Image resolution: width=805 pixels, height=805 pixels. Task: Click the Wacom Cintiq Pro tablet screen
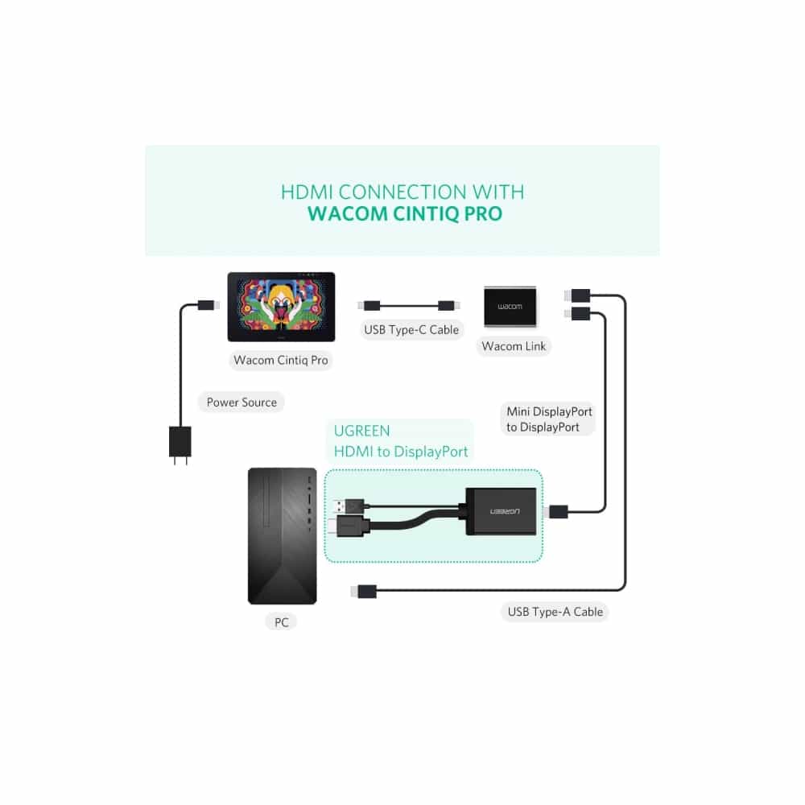pos(281,307)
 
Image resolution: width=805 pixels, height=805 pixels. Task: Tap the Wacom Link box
pos(510,307)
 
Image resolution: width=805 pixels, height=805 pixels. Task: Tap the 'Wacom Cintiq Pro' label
pos(281,360)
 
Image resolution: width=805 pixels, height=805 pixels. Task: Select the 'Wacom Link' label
pos(514,346)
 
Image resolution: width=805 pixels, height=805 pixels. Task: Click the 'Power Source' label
pos(242,402)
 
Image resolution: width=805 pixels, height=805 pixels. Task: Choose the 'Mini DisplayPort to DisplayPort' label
pos(549,419)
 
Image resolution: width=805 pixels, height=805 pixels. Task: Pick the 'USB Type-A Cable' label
pos(555,612)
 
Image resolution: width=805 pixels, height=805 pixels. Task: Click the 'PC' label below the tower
pos(281,622)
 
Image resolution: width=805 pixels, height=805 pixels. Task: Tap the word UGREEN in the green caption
pos(361,431)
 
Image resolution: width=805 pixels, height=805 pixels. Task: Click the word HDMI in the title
pos(307,192)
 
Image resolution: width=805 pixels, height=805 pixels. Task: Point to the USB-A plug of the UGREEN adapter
pos(347,506)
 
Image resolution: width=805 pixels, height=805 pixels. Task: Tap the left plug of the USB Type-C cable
pos(369,306)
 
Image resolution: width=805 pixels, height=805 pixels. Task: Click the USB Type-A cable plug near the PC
pos(363,592)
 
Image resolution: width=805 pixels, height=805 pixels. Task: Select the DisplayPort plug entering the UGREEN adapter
pos(557,511)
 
